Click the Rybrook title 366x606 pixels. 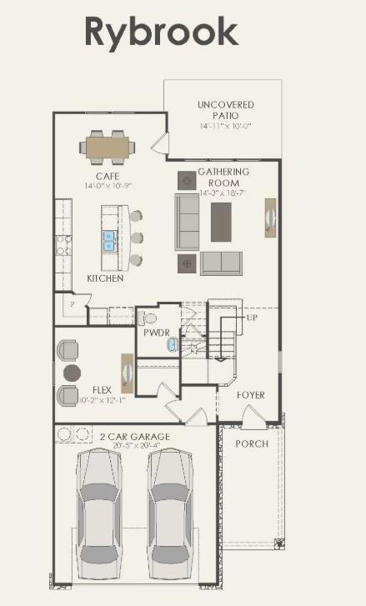(x=161, y=32)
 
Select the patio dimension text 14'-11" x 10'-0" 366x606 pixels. (x=226, y=126)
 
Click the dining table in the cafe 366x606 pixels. (x=108, y=148)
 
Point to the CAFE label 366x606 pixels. (x=108, y=176)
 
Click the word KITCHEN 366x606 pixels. (x=105, y=278)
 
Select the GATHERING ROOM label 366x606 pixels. (x=218, y=178)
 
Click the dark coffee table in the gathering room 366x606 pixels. (x=221, y=222)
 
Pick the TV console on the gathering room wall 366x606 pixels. (x=270, y=218)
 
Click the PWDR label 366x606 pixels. (x=156, y=332)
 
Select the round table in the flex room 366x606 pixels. (x=73, y=372)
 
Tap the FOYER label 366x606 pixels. (x=250, y=394)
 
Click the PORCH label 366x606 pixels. (x=252, y=443)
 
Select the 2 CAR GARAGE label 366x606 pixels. (x=135, y=437)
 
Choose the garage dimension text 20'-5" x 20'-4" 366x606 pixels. (x=135, y=447)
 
